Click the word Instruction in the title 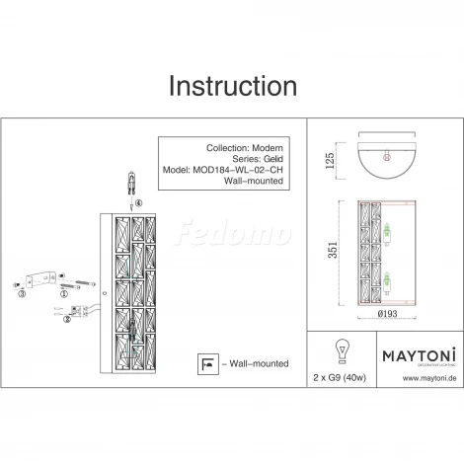point(231,86)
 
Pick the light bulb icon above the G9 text point(343,351)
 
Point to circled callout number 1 point(63,294)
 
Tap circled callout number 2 point(67,319)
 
